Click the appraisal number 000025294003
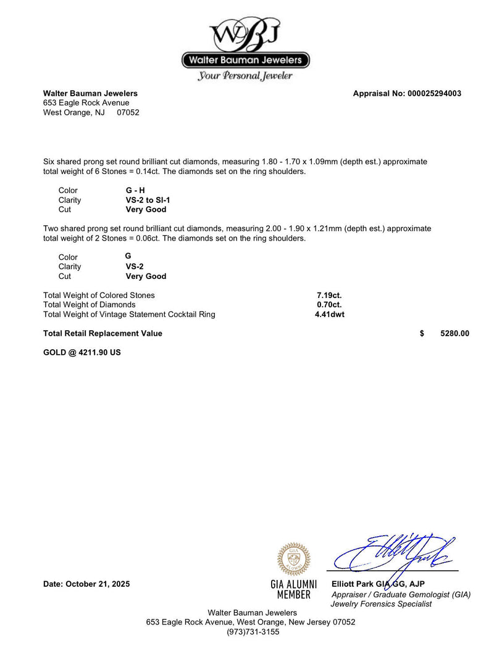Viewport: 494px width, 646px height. point(434,94)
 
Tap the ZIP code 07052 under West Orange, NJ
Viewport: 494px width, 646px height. point(128,113)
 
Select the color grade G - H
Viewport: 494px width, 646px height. point(135,191)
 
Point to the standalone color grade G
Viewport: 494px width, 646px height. point(128,255)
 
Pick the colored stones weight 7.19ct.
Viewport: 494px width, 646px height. point(329,296)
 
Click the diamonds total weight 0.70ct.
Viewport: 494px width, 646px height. point(329,305)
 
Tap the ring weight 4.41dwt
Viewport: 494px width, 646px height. point(329,315)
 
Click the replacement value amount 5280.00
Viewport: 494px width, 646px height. point(454,334)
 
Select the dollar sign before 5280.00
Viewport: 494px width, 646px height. point(422,334)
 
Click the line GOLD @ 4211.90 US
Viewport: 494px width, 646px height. point(82,353)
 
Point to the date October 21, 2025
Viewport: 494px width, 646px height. point(86,584)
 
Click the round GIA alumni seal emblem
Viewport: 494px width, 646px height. point(293,559)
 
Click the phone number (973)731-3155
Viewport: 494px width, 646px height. point(253,632)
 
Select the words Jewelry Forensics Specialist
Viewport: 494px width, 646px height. point(382,604)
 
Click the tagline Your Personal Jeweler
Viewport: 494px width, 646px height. point(245,77)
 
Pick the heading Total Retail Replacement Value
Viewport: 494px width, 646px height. point(103,334)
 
